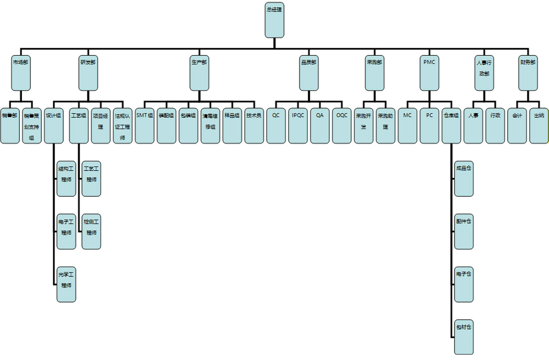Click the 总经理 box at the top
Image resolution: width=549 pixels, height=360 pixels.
(274, 20)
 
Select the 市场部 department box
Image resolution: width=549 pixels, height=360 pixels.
(21, 73)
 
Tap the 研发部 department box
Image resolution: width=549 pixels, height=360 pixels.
(88, 73)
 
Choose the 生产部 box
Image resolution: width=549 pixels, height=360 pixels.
(199, 73)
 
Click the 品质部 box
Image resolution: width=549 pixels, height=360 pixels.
(309, 73)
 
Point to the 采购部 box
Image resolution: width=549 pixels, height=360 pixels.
(374, 73)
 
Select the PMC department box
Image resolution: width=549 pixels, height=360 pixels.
(429, 73)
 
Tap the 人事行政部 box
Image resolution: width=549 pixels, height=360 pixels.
(484, 73)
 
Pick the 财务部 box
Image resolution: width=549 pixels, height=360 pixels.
(528, 73)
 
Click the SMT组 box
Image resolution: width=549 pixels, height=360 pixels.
(145, 126)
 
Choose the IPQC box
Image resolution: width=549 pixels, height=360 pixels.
(298, 126)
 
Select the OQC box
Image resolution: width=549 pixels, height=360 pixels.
(342, 126)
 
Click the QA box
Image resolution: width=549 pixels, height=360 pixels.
(320, 126)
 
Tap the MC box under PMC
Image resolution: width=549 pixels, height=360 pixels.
(407, 126)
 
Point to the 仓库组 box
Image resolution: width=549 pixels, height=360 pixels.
(451, 126)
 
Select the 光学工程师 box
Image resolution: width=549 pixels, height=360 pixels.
(66, 285)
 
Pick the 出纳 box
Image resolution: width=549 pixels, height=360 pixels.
(539, 126)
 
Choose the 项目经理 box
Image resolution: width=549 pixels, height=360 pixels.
(101, 126)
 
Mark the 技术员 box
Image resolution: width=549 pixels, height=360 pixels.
(254, 126)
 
